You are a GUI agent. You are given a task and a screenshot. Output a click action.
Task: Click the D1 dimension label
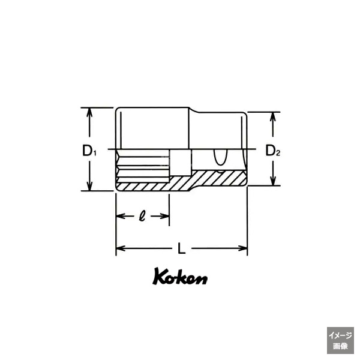[89, 150]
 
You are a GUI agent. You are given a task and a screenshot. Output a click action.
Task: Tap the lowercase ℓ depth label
[142, 215]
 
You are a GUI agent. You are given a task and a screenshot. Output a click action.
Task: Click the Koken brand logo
[180, 278]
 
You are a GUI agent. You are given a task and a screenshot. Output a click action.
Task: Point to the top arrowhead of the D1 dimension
[89, 112]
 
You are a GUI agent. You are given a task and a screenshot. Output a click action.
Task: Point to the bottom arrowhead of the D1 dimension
[89, 187]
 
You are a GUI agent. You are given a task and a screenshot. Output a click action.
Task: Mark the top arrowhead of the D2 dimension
[274, 115]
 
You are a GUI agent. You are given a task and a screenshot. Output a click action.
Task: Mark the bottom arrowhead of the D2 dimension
[274, 182]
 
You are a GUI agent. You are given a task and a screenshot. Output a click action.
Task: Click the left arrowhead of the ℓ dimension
[119, 215]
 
